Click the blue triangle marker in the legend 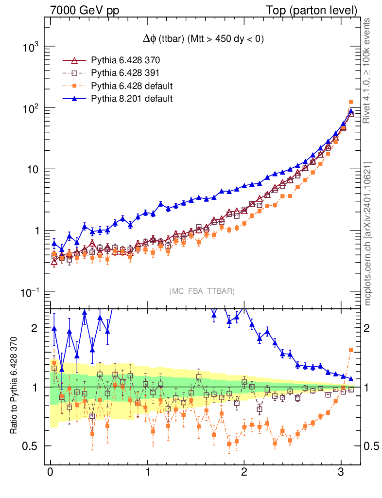point(74,99)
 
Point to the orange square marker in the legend point(74,86)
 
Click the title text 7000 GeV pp point(85,10)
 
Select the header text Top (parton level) point(318,10)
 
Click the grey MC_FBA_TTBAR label point(202,291)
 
